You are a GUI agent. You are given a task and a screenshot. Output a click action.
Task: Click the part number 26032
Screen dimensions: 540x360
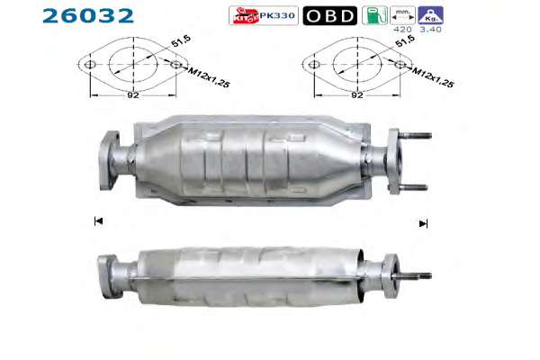[88, 16]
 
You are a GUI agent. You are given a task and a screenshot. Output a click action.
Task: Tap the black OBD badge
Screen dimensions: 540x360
[330, 15]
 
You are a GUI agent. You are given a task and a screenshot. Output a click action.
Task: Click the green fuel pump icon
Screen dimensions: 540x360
[374, 15]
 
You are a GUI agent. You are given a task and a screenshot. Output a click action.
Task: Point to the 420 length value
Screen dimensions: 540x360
[402, 30]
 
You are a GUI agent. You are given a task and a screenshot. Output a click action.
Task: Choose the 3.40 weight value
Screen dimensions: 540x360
[430, 30]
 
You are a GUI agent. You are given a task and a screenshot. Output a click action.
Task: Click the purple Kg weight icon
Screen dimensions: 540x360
[430, 15]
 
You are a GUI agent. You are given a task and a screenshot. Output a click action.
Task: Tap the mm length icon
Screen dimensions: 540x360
[402, 15]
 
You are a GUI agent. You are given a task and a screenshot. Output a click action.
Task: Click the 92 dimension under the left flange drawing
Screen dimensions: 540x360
[133, 94]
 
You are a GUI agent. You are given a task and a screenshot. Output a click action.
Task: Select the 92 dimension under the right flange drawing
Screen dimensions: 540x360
[357, 94]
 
